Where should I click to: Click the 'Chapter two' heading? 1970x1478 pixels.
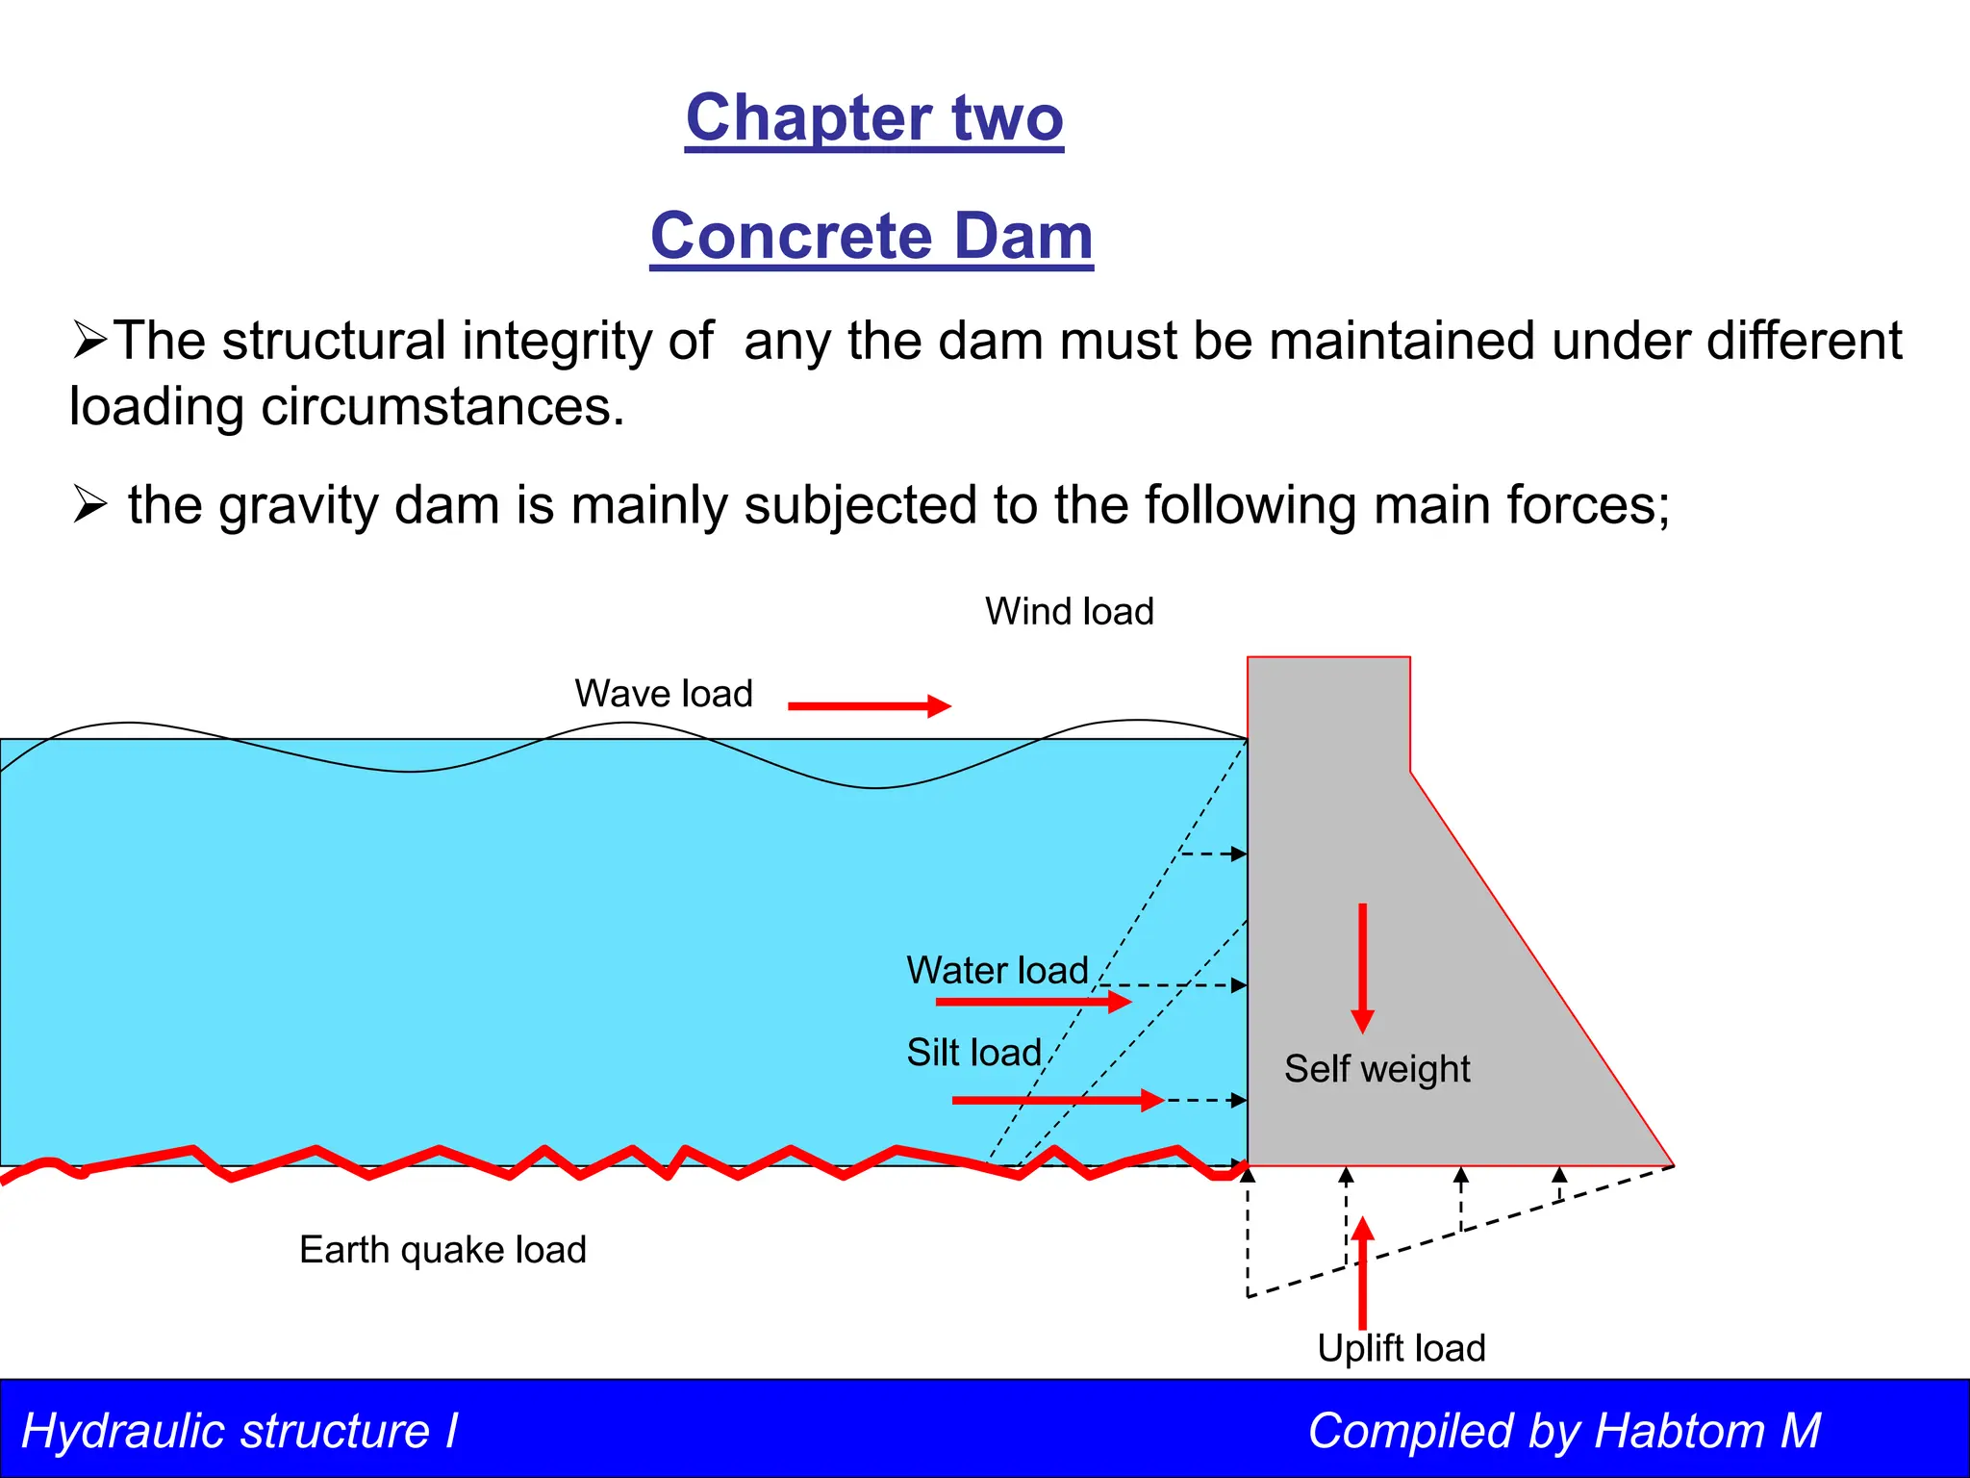pos(874,118)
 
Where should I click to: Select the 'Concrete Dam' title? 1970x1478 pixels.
pos(871,236)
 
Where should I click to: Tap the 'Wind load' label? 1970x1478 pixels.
pos(1069,612)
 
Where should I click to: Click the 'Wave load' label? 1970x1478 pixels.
pos(664,694)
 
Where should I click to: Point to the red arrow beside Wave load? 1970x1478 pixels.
pos(869,706)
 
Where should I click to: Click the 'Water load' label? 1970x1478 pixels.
pos(998,970)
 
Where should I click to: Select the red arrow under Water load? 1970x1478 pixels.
pos(1033,1003)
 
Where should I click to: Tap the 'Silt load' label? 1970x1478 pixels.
pos(973,1053)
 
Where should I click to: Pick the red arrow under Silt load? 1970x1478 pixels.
pos(1057,1100)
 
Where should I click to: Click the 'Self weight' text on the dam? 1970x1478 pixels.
pos(1376,1069)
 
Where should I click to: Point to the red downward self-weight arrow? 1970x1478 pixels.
pos(1362,967)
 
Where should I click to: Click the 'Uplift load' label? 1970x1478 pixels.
pos(1401,1348)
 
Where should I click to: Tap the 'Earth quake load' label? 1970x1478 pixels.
pos(442,1250)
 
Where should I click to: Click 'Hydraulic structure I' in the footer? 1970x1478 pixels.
pos(240,1431)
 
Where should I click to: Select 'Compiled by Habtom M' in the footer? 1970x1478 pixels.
pos(1564,1431)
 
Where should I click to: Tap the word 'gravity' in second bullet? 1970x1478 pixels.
pos(298,506)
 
